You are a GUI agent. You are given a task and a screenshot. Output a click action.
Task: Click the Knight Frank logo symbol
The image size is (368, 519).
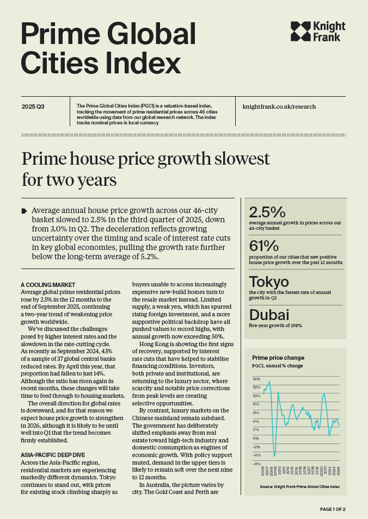pos(301,32)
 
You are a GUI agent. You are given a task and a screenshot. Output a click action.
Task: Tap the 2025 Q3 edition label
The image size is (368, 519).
pos(33,107)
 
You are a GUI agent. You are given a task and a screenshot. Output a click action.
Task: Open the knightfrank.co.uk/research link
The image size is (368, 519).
pos(279,107)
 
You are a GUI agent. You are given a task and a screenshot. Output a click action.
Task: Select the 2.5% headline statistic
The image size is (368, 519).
pos(267,211)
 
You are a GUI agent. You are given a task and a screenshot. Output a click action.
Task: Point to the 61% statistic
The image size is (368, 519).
pos(264,246)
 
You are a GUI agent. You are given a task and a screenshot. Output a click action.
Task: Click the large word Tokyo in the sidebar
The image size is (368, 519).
pos(269,282)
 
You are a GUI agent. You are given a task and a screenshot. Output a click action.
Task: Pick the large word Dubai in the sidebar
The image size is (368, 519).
pos(269,315)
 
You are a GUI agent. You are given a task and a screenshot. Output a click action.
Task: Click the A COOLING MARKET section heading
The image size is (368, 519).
pos(48,285)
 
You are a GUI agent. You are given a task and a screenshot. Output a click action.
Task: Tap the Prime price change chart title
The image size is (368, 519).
pos(278,358)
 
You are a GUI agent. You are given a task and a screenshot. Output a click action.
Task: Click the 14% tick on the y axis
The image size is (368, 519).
pos(256,379)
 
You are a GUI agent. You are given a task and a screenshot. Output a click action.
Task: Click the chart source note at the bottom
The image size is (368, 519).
pos(299,487)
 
